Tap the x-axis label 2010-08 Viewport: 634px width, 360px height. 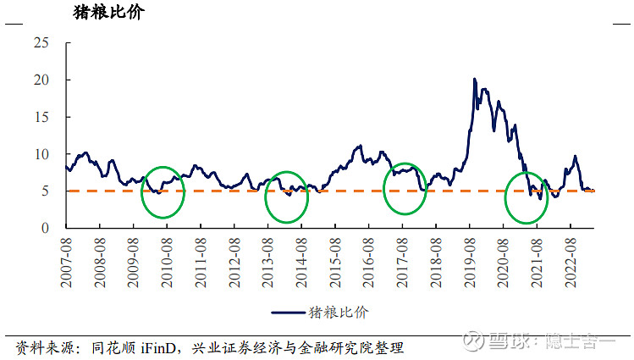[x=167, y=259]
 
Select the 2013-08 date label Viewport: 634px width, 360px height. [x=267, y=259]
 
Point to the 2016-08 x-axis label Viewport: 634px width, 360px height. [x=368, y=259]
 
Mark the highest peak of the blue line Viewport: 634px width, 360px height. [x=475, y=79]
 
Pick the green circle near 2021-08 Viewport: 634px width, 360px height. [x=526, y=197]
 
